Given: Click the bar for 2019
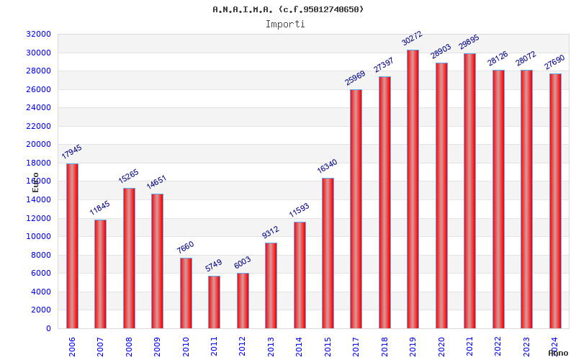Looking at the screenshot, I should click(x=413, y=189).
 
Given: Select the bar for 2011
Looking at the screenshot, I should click(x=214, y=302).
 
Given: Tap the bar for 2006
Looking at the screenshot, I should click(x=72, y=246).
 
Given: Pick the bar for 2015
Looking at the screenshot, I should click(x=328, y=253).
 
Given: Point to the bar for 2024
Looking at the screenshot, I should click(x=555, y=201).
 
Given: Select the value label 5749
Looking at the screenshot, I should click(x=214, y=265).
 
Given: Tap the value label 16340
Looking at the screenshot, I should click(x=328, y=166).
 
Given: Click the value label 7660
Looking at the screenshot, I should click(x=186, y=247).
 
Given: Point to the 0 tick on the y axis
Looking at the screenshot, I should click(x=48, y=328).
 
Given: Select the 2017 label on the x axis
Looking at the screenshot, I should click(x=356, y=346).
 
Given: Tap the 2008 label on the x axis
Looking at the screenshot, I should click(x=129, y=346).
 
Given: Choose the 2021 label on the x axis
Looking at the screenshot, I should click(x=469, y=346).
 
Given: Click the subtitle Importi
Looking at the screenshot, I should click(x=285, y=24).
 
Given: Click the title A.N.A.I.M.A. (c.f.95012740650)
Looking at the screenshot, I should click(x=288, y=9).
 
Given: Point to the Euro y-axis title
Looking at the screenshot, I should click(x=36, y=181).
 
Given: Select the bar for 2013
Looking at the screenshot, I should click(x=271, y=285).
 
